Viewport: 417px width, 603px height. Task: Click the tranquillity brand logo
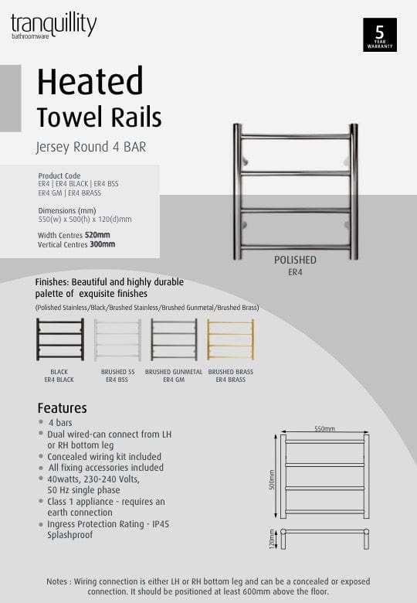coord(53,26)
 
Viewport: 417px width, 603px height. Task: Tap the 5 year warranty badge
coord(379,35)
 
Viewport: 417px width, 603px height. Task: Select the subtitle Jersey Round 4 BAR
coord(91,145)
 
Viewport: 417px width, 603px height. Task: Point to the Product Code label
coord(59,176)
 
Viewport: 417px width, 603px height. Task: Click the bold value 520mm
coord(97,235)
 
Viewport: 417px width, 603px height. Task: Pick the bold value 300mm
coord(102,244)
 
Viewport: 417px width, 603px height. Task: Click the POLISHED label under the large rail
coord(295,261)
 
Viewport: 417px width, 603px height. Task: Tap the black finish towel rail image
coord(59,339)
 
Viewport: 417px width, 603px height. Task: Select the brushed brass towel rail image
coord(230,339)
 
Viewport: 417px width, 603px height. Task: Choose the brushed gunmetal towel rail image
coord(174,339)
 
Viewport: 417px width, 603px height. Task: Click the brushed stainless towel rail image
coord(117,339)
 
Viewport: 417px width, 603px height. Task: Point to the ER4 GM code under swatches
coord(174,380)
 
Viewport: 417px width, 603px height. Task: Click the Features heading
coord(62,408)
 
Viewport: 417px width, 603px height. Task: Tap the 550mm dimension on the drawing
coord(324,428)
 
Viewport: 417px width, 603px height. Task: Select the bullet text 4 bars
coord(60,424)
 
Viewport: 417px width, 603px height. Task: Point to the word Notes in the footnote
coord(59,581)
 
